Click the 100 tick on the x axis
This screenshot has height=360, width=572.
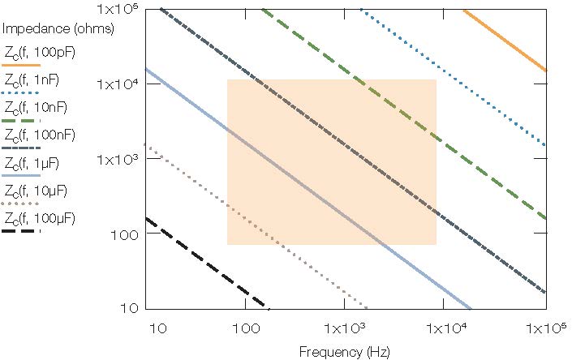coord(245,329)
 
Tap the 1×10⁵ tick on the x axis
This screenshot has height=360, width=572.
coord(544,329)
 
